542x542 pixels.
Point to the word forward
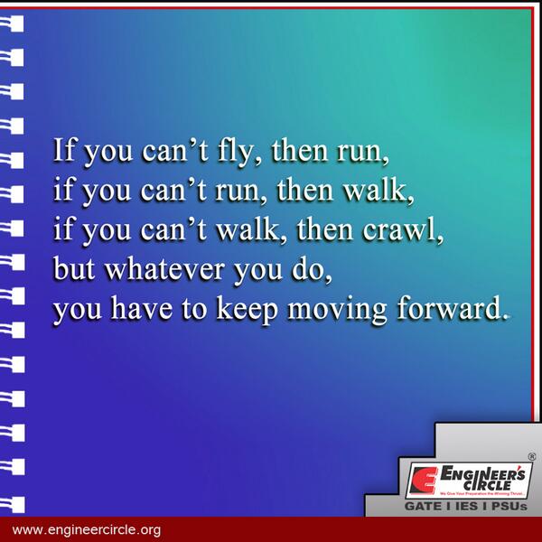point(449,309)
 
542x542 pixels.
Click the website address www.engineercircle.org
point(87,529)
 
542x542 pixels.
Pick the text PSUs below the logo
point(511,507)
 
